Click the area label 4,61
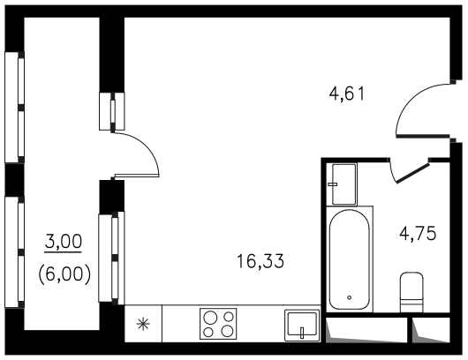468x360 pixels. click(x=347, y=94)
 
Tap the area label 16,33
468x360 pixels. click(x=260, y=261)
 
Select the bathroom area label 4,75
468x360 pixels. click(x=418, y=233)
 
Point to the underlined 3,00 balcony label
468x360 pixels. click(x=64, y=242)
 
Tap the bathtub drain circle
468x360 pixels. click(x=349, y=297)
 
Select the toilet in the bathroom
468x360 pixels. click(x=411, y=292)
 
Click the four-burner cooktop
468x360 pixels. click(x=218, y=324)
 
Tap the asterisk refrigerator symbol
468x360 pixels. click(x=143, y=324)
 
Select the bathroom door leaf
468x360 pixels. click(x=412, y=172)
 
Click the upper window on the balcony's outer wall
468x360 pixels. click(x=14, y=108)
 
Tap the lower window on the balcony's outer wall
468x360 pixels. click(x=14, y=252)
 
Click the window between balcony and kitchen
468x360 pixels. click(x=111, y=258)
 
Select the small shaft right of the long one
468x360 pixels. click(x=431, y=330)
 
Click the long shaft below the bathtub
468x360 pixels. click(x=366, y=330)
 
